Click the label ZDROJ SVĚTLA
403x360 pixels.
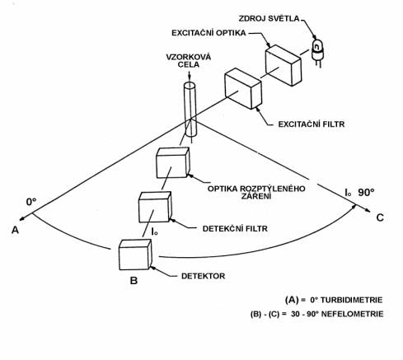click(269, 19)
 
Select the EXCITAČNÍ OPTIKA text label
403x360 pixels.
click(209, 33)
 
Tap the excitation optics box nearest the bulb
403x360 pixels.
click(284, 65)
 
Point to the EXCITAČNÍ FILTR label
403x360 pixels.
click(312, 124)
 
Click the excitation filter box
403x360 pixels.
click(243, 88)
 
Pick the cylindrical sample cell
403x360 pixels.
click(190, 110)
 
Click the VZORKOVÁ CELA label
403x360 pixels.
click(189, 61)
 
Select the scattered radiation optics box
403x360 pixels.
click(173, 162)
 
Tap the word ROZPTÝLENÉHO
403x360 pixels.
click(273, 189)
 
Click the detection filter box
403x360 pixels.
click(155, 207)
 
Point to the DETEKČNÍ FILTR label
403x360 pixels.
click(235, 229)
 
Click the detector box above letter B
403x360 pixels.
click(135, 255)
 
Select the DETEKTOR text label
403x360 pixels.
click(203, 276)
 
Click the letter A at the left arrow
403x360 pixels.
click(15, 230)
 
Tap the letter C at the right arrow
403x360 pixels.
click(380, 217)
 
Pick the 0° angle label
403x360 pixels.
click(31, 202)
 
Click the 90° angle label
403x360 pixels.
click(366, 193)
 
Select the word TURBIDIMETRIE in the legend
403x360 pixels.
click(351, 300)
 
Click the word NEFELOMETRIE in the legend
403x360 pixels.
click(353, 314)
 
